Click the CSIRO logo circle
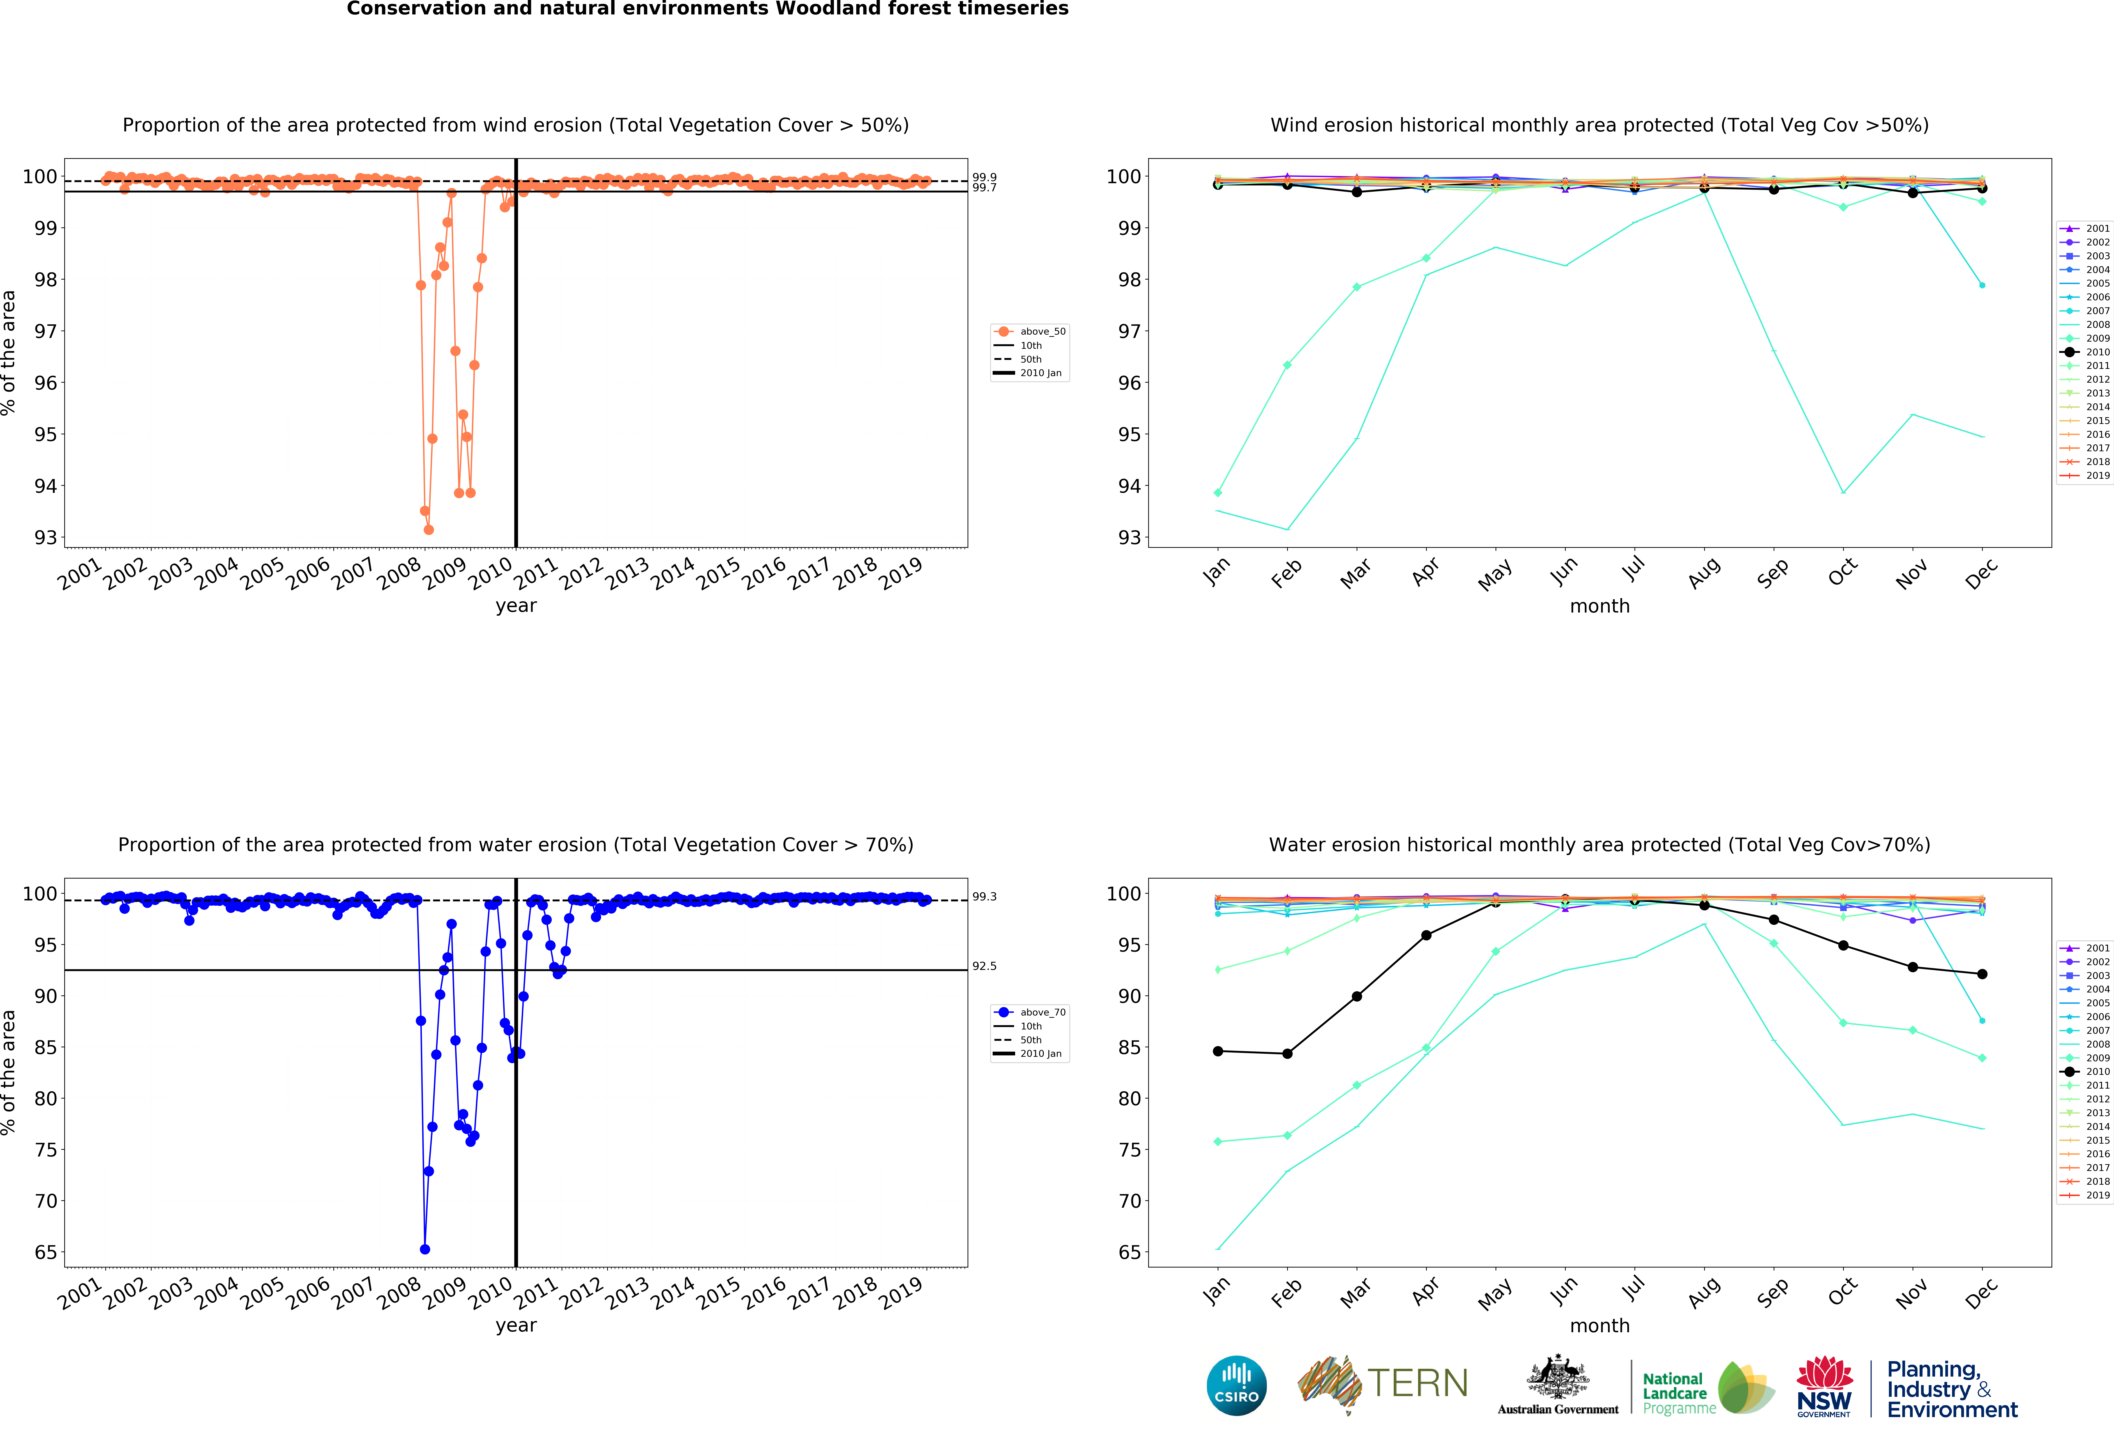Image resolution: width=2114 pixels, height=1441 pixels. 1236,1385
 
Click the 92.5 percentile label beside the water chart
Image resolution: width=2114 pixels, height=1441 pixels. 984,966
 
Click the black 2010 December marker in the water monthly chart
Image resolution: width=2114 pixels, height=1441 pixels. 1982,974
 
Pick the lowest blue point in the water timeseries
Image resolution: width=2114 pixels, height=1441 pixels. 425,1249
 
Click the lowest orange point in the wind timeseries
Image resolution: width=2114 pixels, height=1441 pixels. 429,530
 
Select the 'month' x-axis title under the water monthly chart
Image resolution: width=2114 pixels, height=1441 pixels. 1599,1325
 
